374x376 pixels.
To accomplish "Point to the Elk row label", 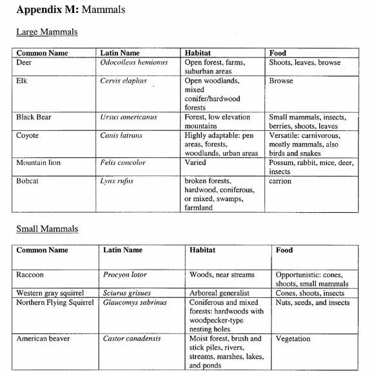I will point(23,81).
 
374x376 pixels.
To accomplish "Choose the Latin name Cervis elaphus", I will point(123,81).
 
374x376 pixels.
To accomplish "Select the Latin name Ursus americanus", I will point(128,117).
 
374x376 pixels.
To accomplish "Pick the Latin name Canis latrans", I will point(123,135).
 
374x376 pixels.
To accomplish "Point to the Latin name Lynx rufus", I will point(117,181).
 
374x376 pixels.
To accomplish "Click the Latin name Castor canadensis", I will point(132,338).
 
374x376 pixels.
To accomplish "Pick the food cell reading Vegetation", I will point(293,338).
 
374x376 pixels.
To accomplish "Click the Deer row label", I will point(25,63).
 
